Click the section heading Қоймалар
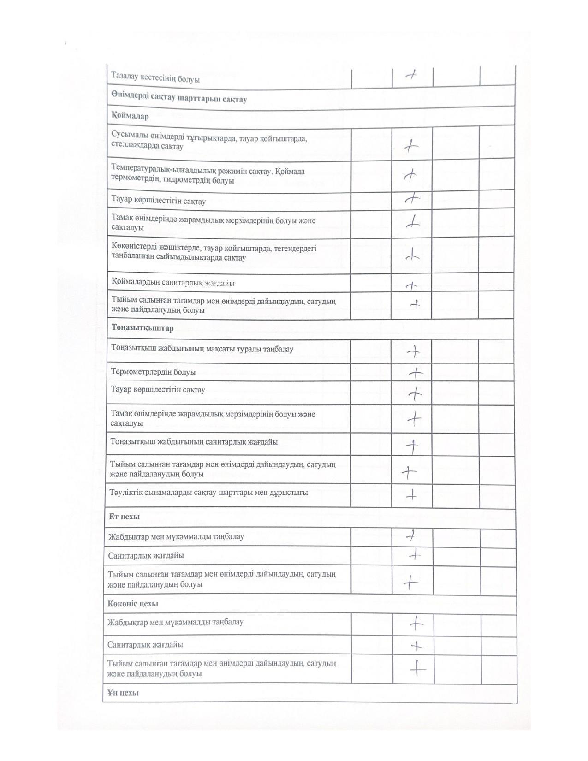click(130, 116)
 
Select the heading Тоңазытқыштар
click(143, 328)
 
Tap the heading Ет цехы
click(124, 517)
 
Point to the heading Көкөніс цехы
click(133, 604)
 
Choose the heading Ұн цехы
click(123, 693)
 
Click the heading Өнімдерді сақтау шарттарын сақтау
click(179, 99)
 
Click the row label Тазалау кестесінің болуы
click(155, 79)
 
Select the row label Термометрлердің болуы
click(153, 372)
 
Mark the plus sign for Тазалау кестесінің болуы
click(411, 75)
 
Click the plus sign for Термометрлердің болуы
click(416, 372)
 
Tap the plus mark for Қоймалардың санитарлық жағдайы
click(411, 286)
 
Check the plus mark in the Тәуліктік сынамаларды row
click(411, 495)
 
